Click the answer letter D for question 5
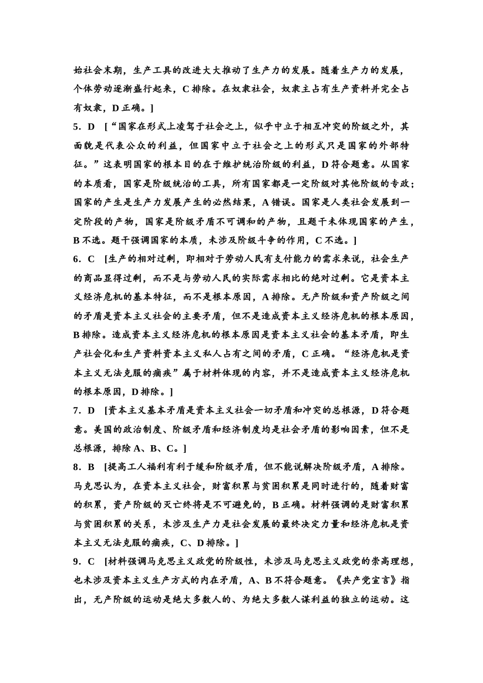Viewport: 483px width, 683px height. tap(92, 127)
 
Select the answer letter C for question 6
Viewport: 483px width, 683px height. tap(92, 259)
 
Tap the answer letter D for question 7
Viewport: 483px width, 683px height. tap(92, 410)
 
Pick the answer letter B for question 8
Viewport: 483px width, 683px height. tap(92, 467)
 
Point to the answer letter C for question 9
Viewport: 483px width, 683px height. tap(92, 562)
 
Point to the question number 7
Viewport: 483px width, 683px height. tap(77, 410)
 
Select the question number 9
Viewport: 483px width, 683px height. tap(77, 562)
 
